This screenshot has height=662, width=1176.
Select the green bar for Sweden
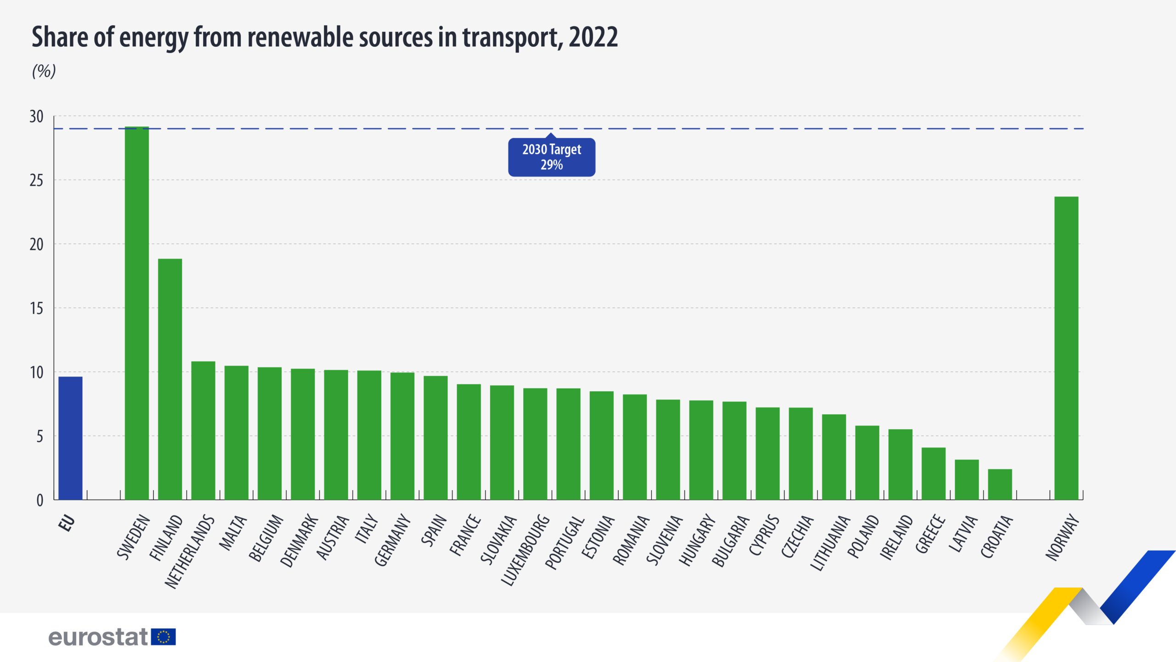pyautogui.click(x=137, y=313)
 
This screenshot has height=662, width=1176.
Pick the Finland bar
pyautogui.click(x=170, y=379)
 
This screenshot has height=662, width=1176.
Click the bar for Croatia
pyautogui.click(x=1000, y=485)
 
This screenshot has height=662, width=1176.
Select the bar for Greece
pyautogui.click(x=933, y=474)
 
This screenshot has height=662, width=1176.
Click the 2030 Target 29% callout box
pyautogui.click(x=551, y=157)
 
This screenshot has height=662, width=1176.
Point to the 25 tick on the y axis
pyautogui.click(x=36, y=181)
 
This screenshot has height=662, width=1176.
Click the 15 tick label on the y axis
pyautogui.click(x=36, y=308)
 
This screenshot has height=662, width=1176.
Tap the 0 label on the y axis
pyautogui.click(x=40, y=501)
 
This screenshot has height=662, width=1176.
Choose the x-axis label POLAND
pyautogui.click(x=863, y=536)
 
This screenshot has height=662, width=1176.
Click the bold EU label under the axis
pyautogui.click(x=67, y=523)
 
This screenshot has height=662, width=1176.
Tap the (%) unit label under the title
pyautogui.click(x=44, y=71)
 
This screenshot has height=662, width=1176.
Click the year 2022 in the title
pyautogui.click(x=593, y=37)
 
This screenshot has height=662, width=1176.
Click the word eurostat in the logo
pyautogui.click(x=98, y=637)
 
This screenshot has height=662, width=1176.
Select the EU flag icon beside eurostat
pyautogui.click(x=164, y=637)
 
